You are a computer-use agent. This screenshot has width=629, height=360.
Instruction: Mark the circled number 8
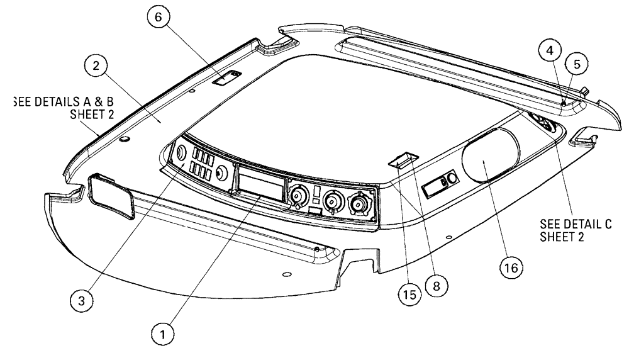point(434,284)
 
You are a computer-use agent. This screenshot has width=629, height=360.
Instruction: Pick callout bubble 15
point(409,295)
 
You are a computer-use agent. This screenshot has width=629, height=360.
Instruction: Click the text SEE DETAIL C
point(576,225)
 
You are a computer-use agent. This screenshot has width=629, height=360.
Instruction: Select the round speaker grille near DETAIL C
point(543,123)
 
